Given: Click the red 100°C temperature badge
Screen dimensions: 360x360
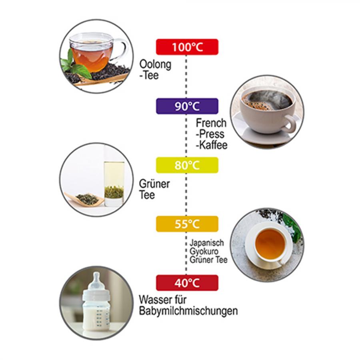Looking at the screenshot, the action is [187, 47].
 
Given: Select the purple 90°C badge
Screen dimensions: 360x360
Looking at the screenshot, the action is [187, 106].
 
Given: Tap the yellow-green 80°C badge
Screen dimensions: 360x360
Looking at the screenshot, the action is [187, 165].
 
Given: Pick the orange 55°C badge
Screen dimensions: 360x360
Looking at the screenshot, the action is [187, 224].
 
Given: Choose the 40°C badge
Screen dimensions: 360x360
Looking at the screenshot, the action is [187, 283].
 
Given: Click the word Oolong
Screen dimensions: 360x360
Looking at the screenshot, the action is [156, 64].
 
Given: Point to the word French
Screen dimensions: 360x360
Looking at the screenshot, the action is [211, 123].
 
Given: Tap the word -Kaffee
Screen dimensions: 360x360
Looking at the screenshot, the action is [212, 145].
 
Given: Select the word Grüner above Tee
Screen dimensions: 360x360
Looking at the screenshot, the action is [154, 184].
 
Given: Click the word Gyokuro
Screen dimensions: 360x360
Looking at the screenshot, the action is [204, 252].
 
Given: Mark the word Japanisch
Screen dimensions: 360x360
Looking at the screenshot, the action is [207, 243].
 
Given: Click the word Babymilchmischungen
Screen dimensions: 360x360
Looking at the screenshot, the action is [188, 311].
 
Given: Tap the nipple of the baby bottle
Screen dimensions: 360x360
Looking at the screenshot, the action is [96, 278].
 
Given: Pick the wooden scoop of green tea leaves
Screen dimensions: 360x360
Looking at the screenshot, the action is [84, 198].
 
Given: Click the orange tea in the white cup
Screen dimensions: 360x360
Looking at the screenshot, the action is [270, 244].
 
